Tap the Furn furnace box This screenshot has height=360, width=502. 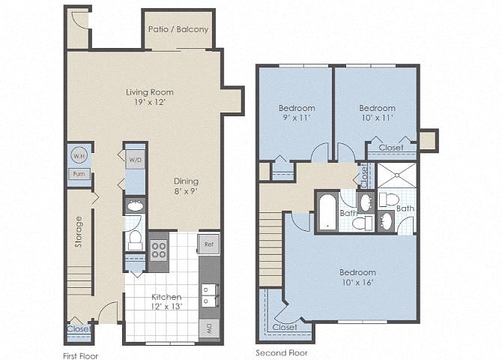79,174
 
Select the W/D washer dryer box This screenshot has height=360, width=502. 135,159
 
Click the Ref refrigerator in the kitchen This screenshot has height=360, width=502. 208,244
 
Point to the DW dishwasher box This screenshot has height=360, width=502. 209,328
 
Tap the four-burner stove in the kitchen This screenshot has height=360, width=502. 159,250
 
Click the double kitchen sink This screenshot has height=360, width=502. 210,295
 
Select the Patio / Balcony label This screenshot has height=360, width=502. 178,29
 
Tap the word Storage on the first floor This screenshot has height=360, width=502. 79,232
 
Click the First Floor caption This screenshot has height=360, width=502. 80,355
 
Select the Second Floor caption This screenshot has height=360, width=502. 282,353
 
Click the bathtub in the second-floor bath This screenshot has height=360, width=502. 327,212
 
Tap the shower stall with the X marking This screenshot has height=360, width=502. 397,175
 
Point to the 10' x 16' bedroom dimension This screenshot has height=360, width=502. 357,283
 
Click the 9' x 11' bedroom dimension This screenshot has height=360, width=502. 297,118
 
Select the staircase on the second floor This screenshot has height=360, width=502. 270,248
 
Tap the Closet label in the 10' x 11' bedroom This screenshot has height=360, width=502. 391,148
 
